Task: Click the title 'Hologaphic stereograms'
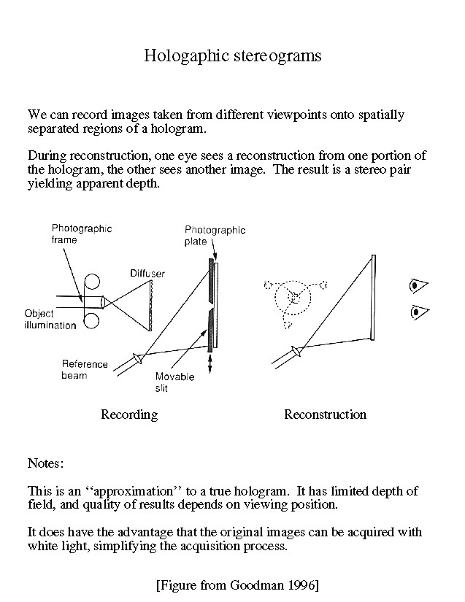232,55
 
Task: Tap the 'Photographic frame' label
81,234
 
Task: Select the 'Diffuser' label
147,274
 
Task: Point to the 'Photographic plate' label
215,236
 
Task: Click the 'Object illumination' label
50,319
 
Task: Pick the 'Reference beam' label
85,370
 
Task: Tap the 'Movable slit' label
174,382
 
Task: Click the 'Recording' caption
128,414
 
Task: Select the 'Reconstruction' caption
325,414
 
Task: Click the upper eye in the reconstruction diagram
418,285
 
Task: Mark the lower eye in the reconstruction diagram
418,312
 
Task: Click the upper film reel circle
92,282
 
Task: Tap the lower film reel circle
92,320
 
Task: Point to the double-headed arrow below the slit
210,363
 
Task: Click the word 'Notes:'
45,463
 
